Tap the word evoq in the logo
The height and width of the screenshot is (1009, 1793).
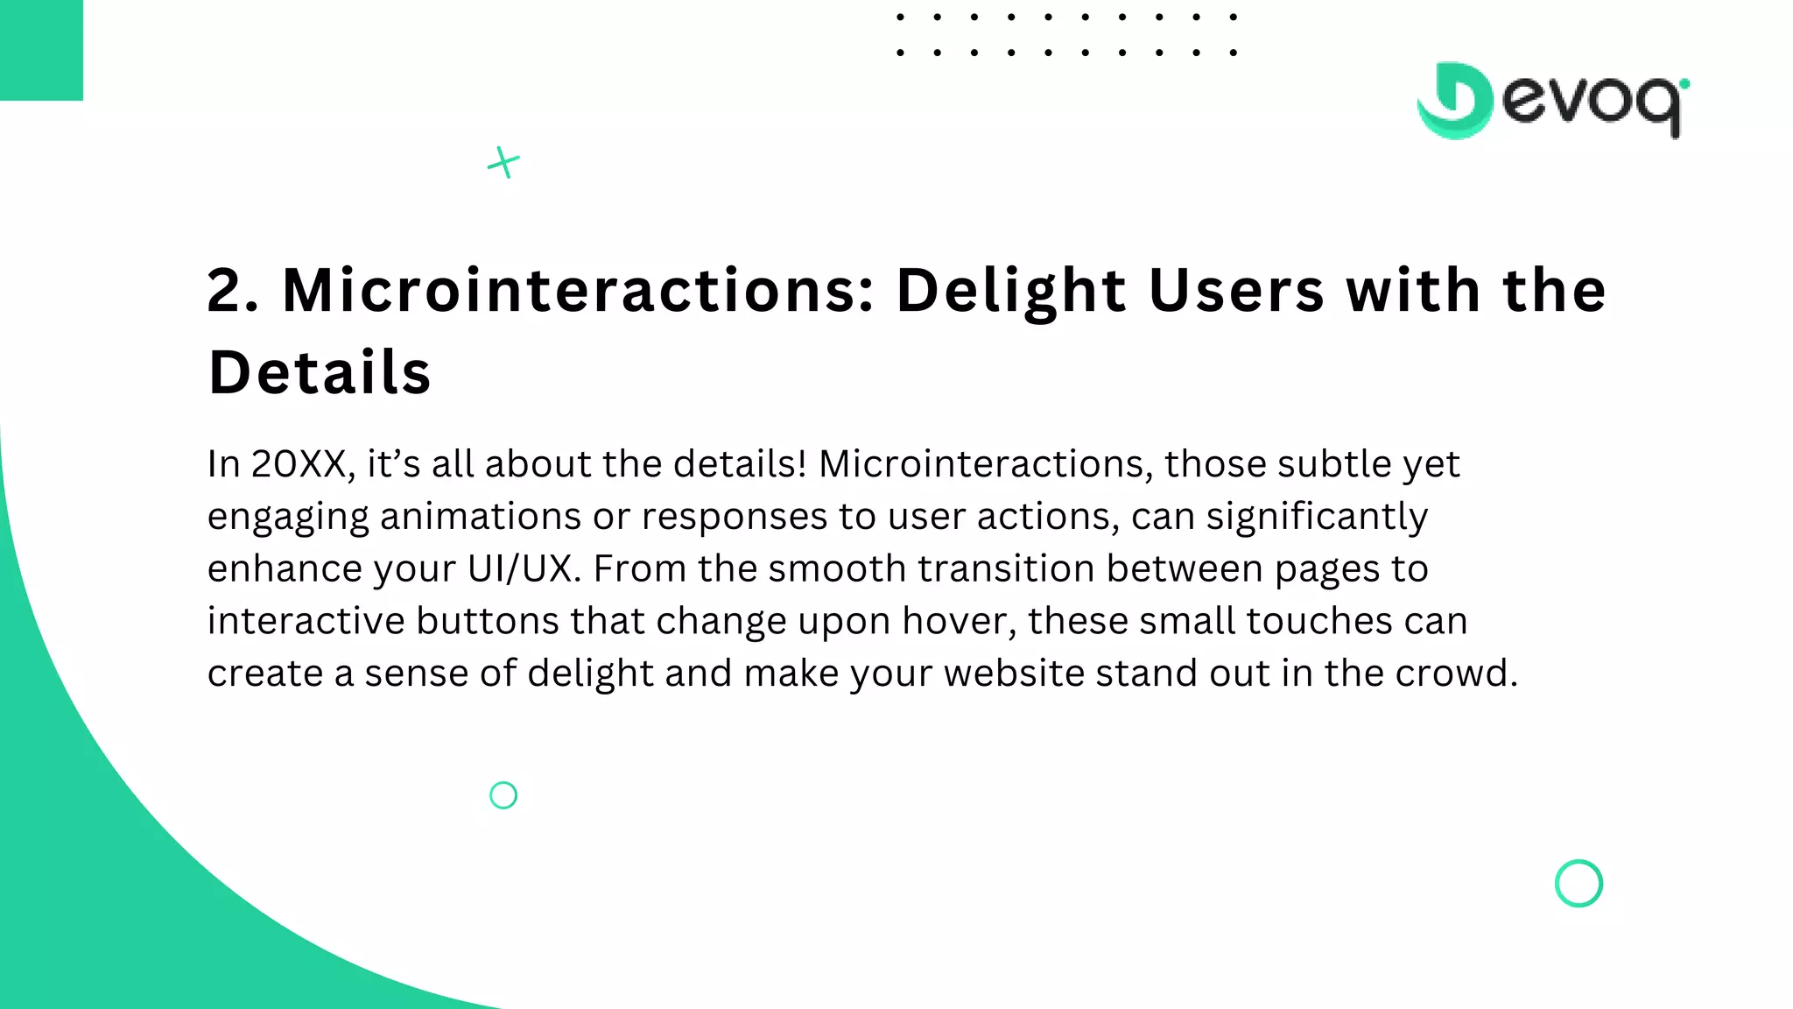tap(1593, 103)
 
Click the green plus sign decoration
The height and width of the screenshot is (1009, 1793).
tap(503, 162)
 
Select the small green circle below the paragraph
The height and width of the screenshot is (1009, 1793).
tap(503, 795)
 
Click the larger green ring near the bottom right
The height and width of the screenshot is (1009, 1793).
tap(1579, 883)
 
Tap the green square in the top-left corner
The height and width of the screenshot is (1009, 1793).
tap(41, 49)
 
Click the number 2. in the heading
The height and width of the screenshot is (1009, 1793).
tap(233, 290)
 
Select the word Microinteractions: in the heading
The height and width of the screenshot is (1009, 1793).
tap(578, 290)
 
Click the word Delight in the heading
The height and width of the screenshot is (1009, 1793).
tap(1011, 290)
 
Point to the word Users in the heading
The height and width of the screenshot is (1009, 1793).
tap(1236, 290)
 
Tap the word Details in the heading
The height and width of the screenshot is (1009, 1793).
tap(320, 372)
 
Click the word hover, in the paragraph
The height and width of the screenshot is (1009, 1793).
tap(959, 621)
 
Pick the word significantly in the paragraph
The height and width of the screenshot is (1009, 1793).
tap(1317, 517)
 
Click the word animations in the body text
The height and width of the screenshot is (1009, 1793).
tap(480, 517)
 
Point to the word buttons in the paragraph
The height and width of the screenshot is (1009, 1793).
tap(487, 621)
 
